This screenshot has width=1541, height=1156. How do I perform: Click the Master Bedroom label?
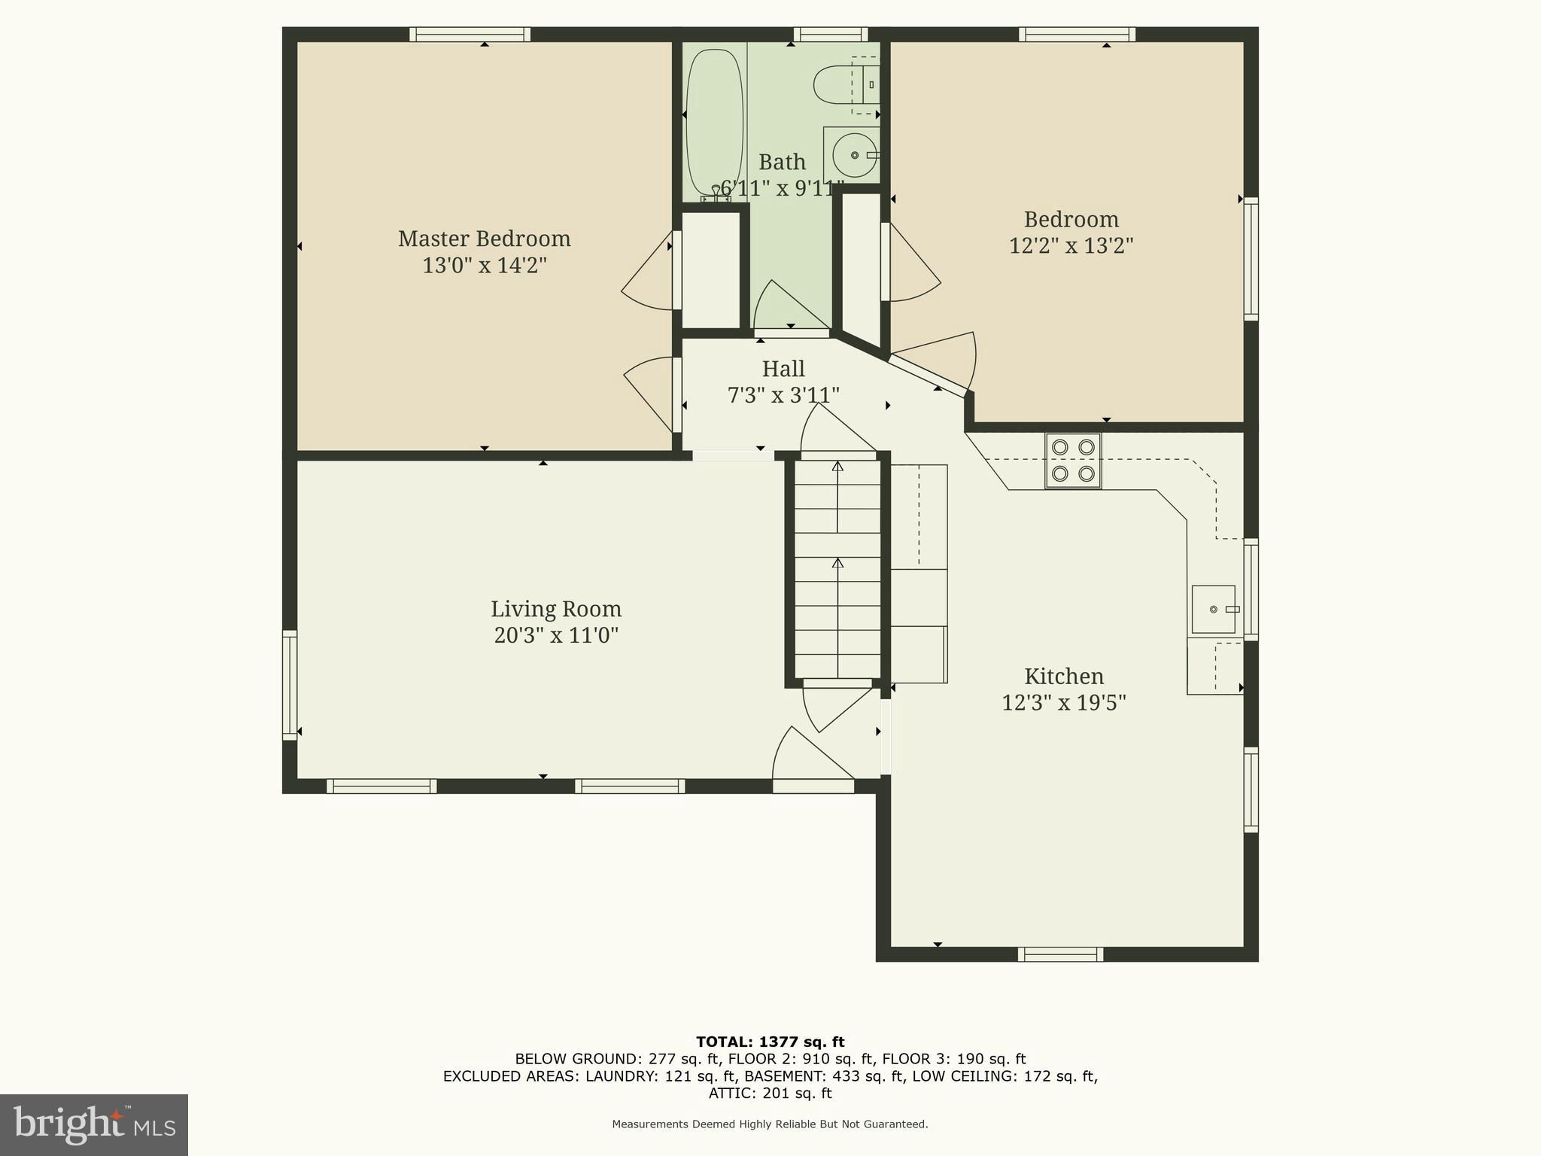[484, 239]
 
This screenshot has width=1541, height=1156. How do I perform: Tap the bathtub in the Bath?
[714, 120]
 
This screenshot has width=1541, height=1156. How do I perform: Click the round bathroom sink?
[855, 155]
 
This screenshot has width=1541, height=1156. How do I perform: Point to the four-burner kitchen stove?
[1073, 461]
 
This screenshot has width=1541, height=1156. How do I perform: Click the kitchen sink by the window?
[1213, 609]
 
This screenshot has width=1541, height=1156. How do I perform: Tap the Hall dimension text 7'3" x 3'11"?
[783, 395]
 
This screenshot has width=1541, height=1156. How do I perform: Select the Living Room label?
[556, 609]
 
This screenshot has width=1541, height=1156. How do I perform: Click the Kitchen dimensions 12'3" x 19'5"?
[1063, 703]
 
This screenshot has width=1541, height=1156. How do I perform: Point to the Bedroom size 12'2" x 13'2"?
[1071, 246]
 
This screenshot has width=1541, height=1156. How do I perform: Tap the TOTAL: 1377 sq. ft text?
[770, 1042]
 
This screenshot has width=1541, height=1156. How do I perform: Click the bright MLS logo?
[94, 1124]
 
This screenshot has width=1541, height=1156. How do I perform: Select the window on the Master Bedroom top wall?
[470, 35]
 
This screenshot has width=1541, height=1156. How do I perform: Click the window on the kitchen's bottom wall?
[1060, 954]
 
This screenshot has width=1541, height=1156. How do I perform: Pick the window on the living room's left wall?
[290, 684]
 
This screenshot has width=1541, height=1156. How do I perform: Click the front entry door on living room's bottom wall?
[813, 786]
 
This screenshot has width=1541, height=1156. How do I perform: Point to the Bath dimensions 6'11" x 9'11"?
[782, 188]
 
